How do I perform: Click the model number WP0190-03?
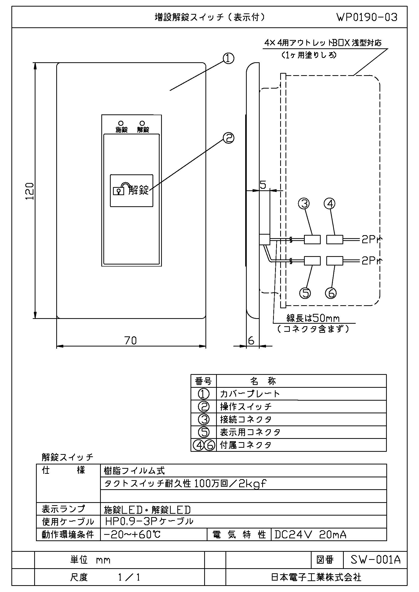point(367,17)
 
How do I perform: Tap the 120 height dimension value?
point(30,191)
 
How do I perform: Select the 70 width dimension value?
point(130,341)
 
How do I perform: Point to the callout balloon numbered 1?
point(228,58)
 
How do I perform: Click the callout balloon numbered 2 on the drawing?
point(228,138)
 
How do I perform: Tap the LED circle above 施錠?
point(121,123)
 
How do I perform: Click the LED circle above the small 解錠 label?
point(142,123)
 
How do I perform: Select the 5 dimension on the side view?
point(263,185)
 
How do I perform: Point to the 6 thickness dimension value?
point(251,341)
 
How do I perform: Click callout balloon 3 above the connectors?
point(304,204)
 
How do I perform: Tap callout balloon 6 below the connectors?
point(331,293)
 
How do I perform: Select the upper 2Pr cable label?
point(372,240)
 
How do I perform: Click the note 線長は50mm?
point(313,318)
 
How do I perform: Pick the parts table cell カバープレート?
point(250,394)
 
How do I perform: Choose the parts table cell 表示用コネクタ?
point(250,432)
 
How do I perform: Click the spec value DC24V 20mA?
point(310,535)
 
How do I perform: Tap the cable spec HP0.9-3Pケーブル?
point(149,521)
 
